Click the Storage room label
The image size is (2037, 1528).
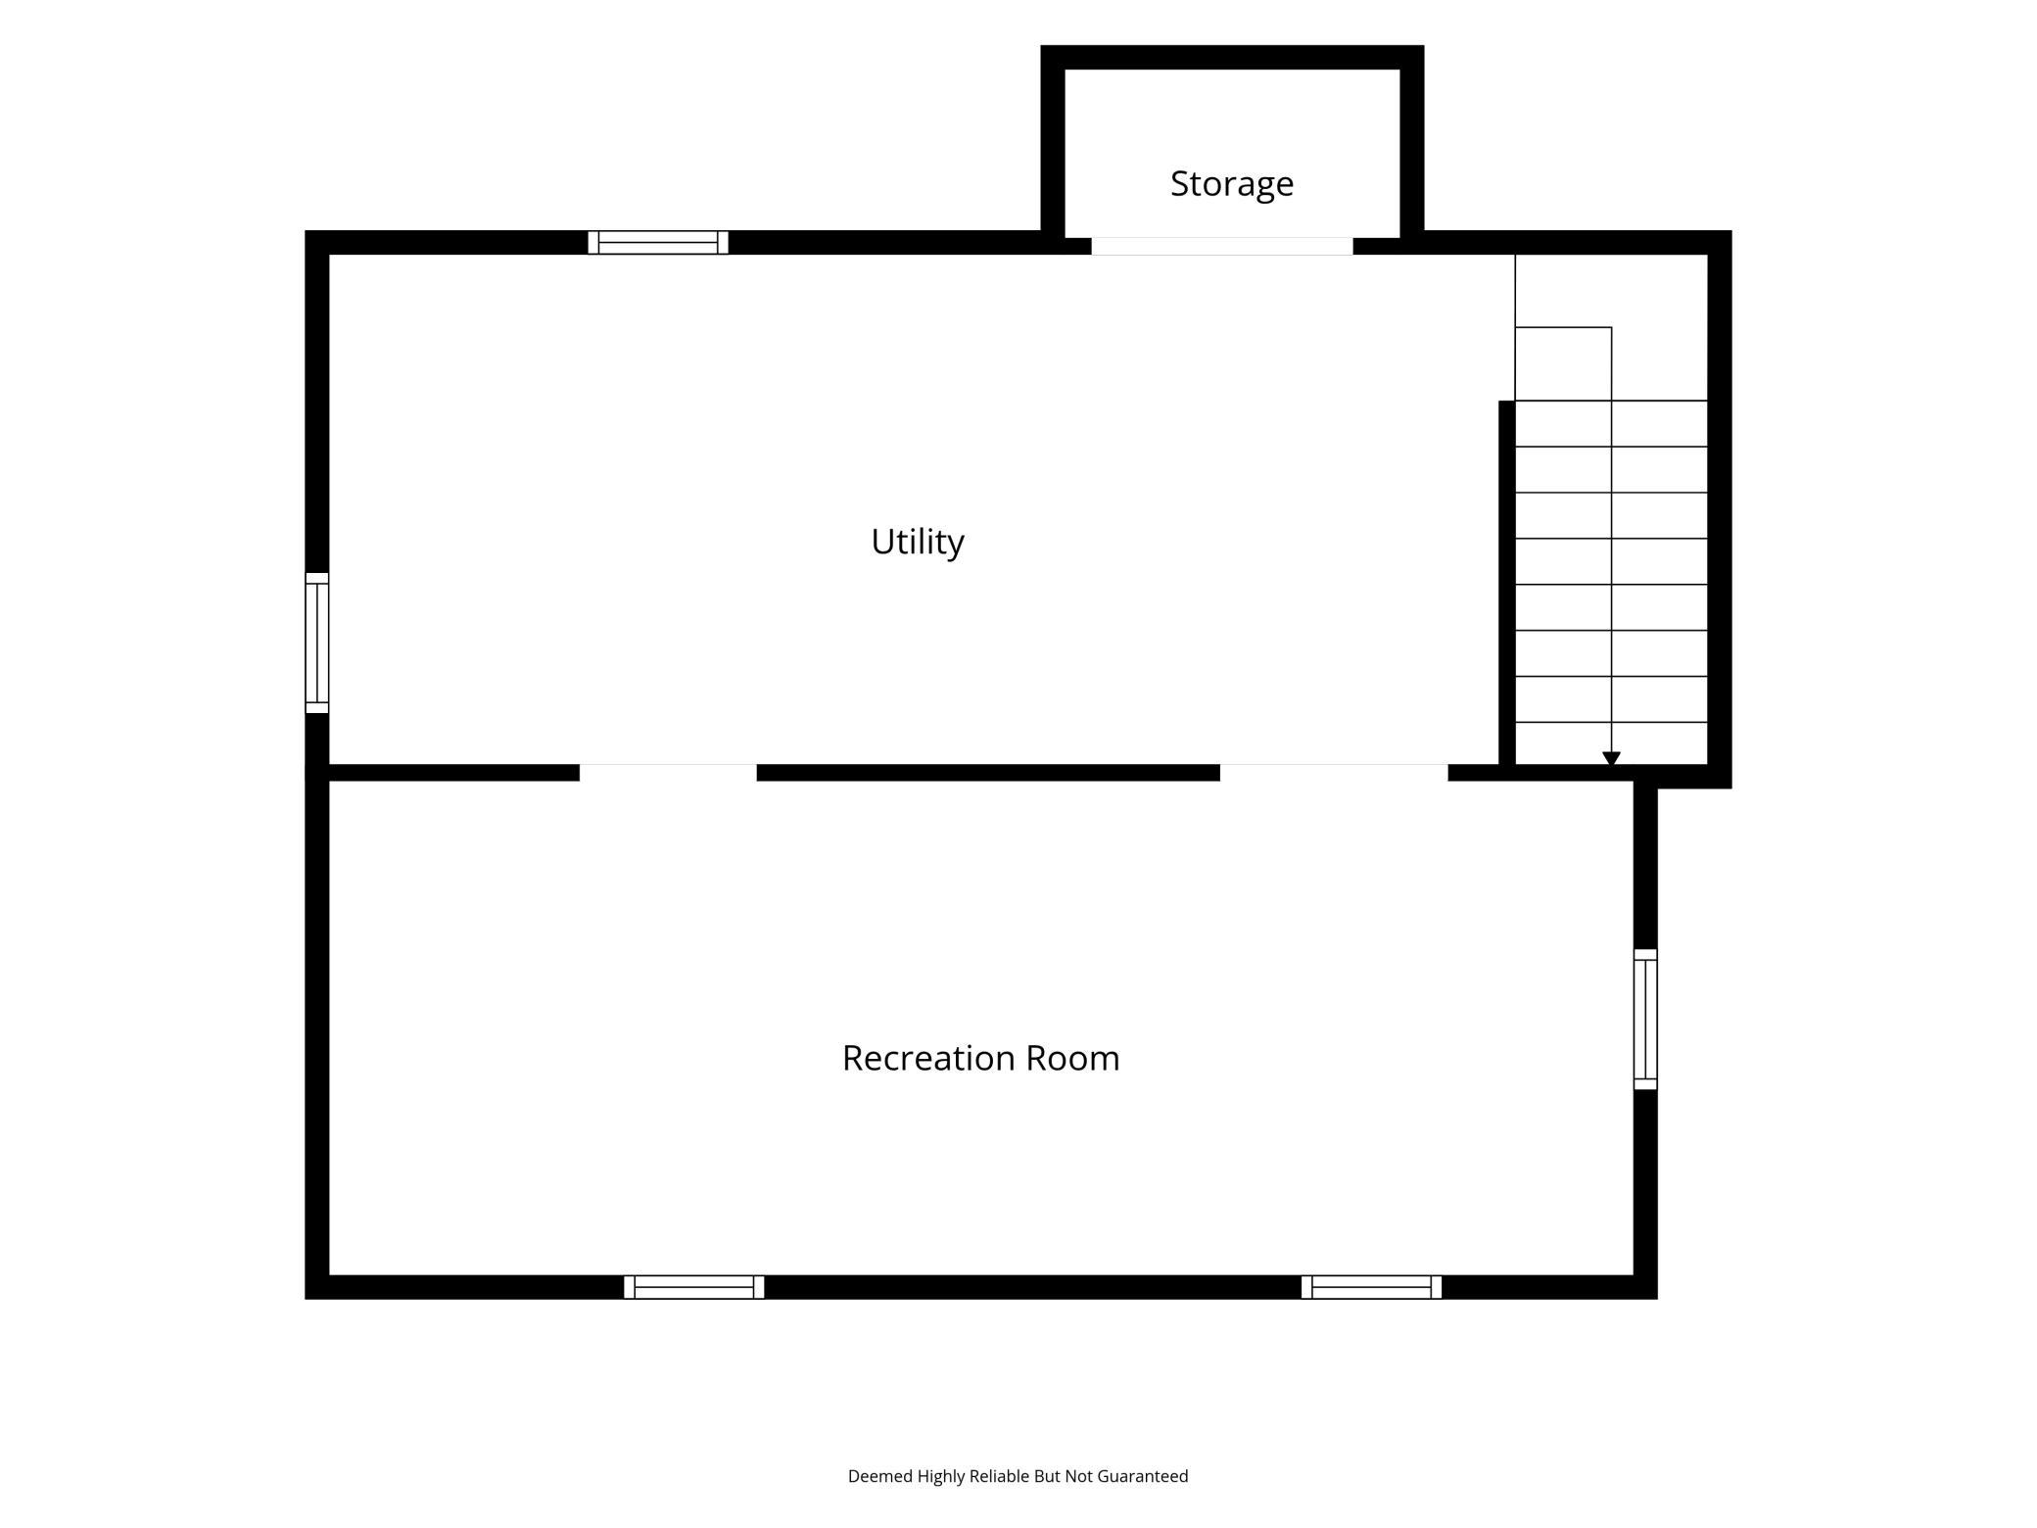[1231, 183]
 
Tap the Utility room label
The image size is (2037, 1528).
[918, 541]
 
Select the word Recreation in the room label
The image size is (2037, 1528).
[928, 1058]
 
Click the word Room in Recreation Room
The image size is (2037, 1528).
[1072, 1058]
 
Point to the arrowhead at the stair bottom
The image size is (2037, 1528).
[1611, 759]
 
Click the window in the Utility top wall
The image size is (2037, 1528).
[658, 242]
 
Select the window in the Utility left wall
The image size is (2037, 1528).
[317, 643]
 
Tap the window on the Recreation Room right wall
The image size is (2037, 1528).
[1645, 1019]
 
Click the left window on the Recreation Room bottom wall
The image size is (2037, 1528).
[694, 1287]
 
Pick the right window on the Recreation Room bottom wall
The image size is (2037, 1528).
[1371, 1287]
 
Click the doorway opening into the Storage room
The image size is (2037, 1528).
[1222, 246]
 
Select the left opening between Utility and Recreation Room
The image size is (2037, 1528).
[668, 773]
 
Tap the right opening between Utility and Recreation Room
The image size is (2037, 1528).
[1334, 773]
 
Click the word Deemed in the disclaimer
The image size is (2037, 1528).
[880, 1476]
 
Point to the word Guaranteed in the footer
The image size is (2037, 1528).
[1142, 1476]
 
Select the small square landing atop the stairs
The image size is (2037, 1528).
[1563, 363]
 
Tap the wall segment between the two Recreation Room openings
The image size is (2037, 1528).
[988, 773]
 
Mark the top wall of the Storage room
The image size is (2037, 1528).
[1232, 57]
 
